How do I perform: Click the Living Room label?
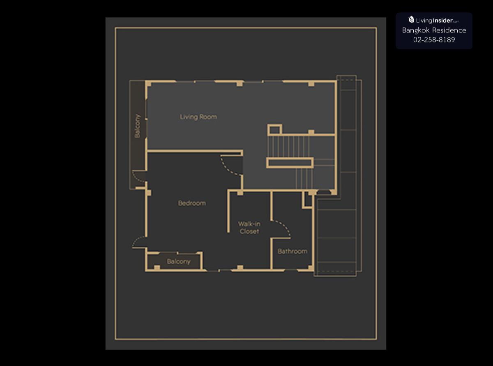pyautogui.click(x=198, y=117)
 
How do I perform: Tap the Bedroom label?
pyautogui.click(x=192, y=203)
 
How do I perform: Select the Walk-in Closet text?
pyautogui.click(x=249, y=227)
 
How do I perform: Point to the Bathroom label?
pyautogui.click(x=293, y=251)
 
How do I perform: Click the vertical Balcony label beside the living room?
pyautogui.click(x=137, y=126)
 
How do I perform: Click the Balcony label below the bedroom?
pyautogui.click(x=179, y=262)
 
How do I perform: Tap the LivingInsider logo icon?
pyautogui.click(x=411, y=20)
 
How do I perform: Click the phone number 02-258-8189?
pyautogui.click(x=434, y=39)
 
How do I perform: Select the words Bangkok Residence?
pyautogui.click(x=434, y=30)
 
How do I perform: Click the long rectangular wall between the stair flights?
pyautogui.click(x=290, y=162)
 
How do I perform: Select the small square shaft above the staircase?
pyautogui.click(x=275, y=130)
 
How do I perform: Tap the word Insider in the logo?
pyautogui.click(x=443, y=21)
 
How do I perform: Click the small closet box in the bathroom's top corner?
pyautogui.click(x=308, y=200)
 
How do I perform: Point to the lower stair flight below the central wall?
pyautogui.click(x=304, y=178)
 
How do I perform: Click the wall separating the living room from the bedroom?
pyautogui.click(x=195, y=151)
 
